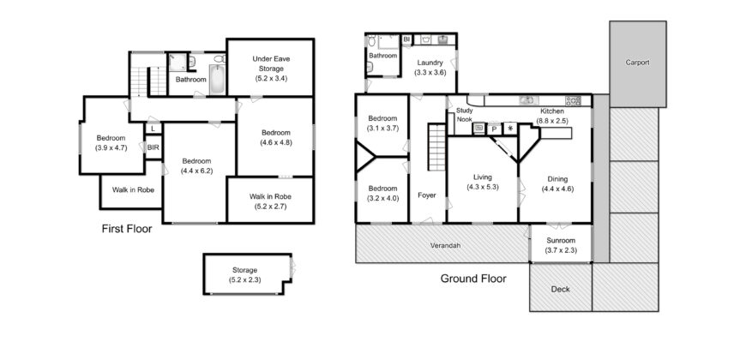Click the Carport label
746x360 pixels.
click(637, 63)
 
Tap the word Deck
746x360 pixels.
click(560, 289)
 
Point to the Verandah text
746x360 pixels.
click(445, 246)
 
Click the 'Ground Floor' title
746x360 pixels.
click(473, 279)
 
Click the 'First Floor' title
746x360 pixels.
click(126, 230)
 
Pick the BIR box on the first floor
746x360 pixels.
click(153, 147)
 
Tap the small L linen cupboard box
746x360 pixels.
click(153, 129)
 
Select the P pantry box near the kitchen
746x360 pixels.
click(495, 129)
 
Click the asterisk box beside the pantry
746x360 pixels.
click(510, 129)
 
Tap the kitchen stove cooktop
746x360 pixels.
click(573, 100)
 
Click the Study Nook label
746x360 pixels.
click(465, 116)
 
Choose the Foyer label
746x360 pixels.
click(426, 195)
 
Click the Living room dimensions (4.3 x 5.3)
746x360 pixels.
click(483, 187)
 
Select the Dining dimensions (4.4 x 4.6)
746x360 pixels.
click(557, 189)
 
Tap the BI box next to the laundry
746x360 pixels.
click(406, 39)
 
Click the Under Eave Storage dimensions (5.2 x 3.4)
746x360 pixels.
click(268, 78)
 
